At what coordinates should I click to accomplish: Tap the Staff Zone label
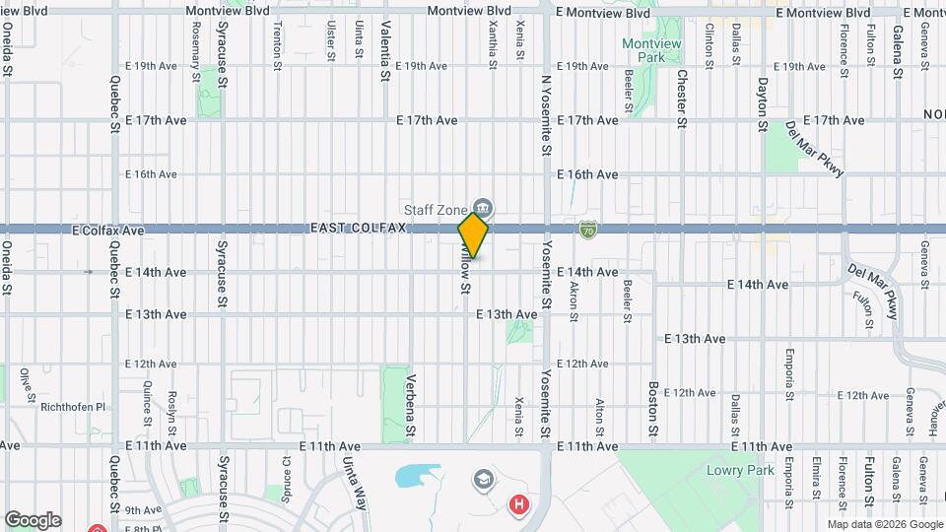pyautogui.click(x=435, y=208)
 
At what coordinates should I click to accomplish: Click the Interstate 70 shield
pyautogui.click(x=587, y=230)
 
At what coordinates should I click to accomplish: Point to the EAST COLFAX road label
pyautogui.click(x=358, y=229)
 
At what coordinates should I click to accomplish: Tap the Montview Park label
pyautogui.click(x=643, y=50)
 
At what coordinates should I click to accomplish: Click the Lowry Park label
pyautogui.click(x=740, y=470)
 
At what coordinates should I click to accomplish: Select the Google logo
pyautogui.click(x=33, y=520)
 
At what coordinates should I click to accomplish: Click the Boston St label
pyautogui.click(x=652, y=410)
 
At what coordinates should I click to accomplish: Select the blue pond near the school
pyautogui.click(x=418, y=477)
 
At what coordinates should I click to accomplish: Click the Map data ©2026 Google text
pyautogui.click(x=883, y=524)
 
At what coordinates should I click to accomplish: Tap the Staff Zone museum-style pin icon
pyautogui.click(x=483, y=208)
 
